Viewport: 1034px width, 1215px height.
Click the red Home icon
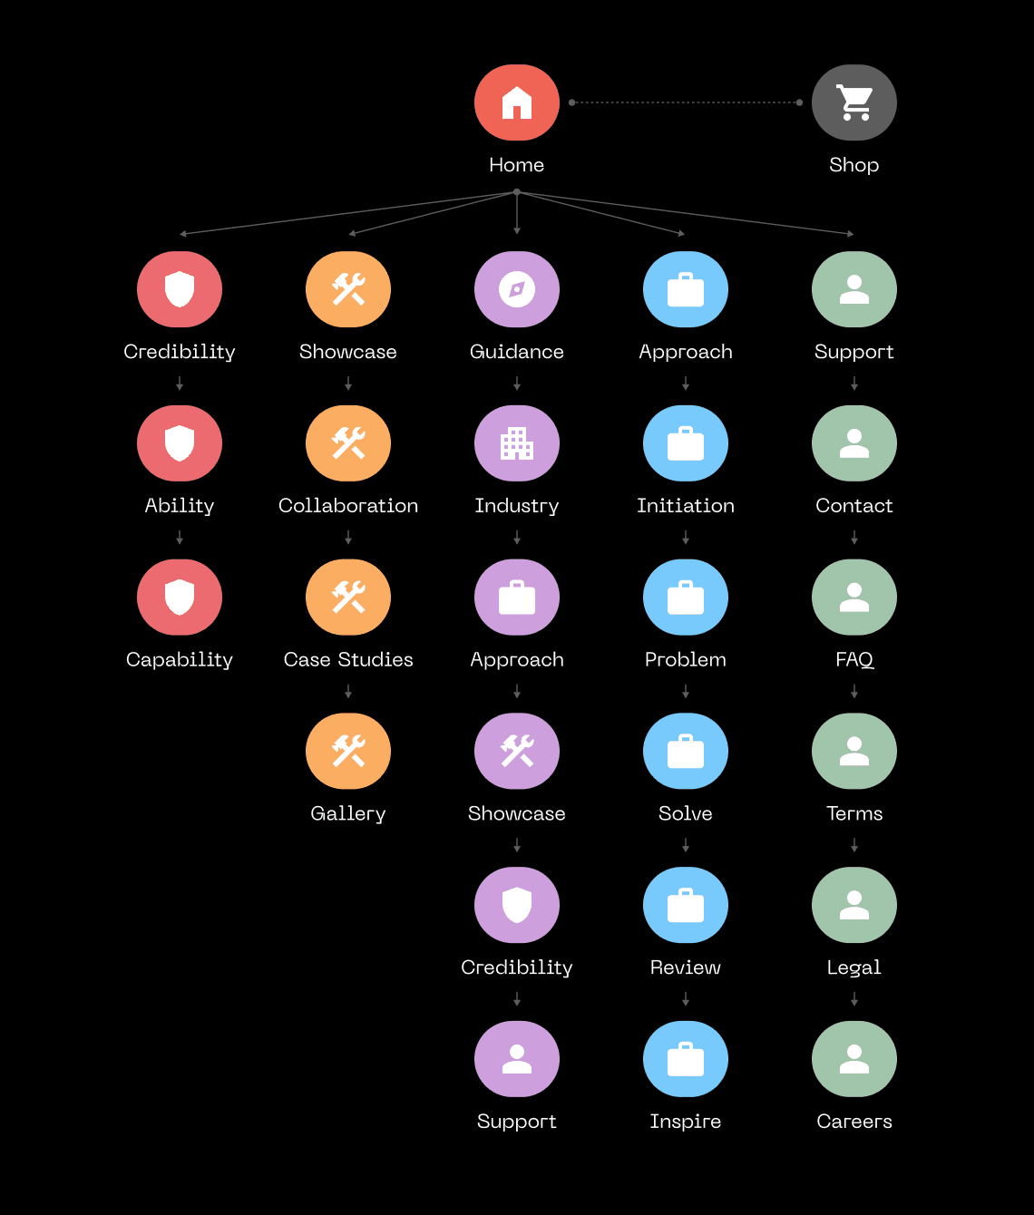click(517, 102)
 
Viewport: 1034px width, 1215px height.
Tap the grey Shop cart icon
click(854, 102)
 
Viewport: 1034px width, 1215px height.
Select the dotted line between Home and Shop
click(685, 102)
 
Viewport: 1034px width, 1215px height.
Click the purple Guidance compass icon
click(517, 289)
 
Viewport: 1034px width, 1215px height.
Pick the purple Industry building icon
click(517, 443)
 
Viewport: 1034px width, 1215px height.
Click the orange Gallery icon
click(348, 752)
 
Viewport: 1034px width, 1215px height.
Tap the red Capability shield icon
click(180, 598)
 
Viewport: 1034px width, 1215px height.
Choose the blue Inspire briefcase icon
click(686, 1059)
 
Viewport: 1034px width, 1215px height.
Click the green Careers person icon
click(854, 1059)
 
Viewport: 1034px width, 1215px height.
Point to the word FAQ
click(854, 659)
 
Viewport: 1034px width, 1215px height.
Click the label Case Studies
click(348, 659)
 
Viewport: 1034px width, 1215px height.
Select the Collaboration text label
click(348, 505)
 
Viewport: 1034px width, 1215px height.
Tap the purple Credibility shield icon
click(517, 905)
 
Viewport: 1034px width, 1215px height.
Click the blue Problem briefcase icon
click(686, 598)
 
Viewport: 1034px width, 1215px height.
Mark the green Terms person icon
click(854, 752)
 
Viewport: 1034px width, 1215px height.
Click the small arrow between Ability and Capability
click(180, 539)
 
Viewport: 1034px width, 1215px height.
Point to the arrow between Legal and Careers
click(854, 999)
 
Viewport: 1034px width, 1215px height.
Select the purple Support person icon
click(517, 1059)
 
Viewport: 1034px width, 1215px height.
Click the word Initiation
click(686, 505)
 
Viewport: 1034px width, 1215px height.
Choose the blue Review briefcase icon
click(686, 905)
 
